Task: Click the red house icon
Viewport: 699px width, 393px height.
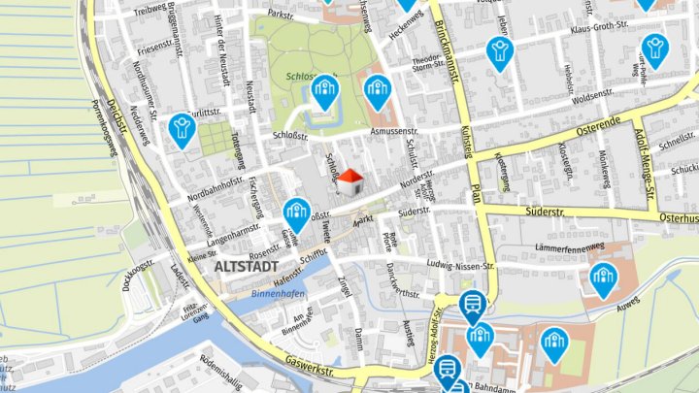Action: pos(351,180)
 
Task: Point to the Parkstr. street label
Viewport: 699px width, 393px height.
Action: pos(281,16)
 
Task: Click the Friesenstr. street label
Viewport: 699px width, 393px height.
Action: pos(160,47)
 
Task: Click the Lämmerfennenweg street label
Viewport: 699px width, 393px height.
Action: pos(569,247)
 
